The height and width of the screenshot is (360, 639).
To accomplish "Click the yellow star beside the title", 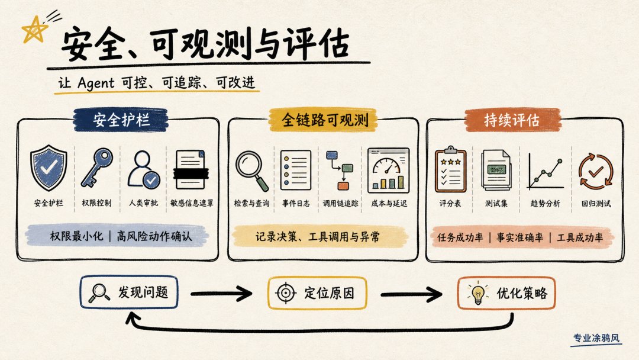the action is (34, 30).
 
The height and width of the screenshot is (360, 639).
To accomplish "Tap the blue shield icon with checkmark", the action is (49, 168).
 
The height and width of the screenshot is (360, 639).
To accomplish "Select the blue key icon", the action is (97, 168).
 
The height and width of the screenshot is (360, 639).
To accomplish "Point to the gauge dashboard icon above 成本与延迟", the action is (388, 171).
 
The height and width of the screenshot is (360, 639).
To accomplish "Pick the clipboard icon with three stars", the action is (450, 169).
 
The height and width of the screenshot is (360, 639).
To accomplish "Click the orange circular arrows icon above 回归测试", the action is (596, 172).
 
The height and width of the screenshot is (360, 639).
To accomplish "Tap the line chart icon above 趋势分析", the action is (546, 172).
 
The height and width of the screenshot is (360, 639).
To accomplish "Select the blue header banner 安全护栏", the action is (121, 120).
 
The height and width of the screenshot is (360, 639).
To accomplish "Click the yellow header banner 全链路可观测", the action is (323, 120).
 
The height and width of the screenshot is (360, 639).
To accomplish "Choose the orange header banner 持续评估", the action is (512, 120).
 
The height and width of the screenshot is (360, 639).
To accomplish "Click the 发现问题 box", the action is (129, 292).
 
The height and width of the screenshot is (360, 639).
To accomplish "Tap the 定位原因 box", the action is (317, 292).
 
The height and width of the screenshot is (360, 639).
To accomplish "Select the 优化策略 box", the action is (506, 292).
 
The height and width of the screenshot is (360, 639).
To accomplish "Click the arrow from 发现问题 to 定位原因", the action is (221, 293).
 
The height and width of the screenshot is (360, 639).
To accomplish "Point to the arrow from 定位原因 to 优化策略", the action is (411, 294).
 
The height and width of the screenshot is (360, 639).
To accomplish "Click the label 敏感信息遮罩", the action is (192, 203).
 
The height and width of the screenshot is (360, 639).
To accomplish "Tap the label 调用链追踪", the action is (340, 204).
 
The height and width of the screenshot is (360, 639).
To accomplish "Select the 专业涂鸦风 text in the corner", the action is (596, 338).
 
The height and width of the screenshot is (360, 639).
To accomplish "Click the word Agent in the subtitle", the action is (96, 83).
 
